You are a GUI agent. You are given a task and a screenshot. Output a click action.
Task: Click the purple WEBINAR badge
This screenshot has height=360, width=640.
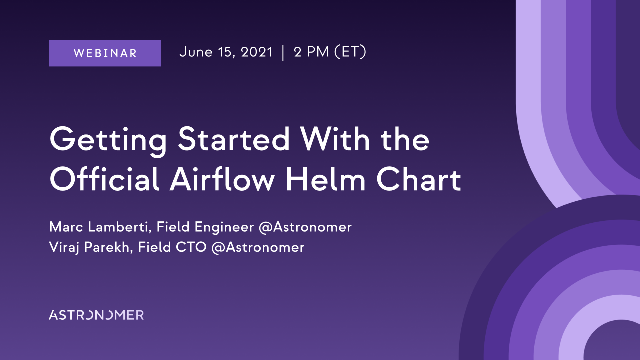[105, 53]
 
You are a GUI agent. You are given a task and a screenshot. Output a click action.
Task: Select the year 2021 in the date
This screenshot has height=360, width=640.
[257, 52]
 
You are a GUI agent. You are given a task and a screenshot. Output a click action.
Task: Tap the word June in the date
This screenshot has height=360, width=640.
[196, 52]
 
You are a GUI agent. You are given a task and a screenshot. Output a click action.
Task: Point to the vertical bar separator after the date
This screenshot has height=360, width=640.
[283, 53]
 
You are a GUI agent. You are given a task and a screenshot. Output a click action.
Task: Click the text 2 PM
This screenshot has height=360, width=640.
[311, 52]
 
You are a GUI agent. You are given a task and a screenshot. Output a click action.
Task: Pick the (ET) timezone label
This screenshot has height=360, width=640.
[350, 52]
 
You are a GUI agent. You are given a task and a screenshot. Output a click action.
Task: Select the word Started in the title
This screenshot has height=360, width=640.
[234, 139]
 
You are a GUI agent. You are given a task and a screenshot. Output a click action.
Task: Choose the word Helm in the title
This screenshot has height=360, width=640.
[325, 179]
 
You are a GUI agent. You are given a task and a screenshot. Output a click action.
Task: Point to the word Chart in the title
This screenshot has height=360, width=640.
[419, 179]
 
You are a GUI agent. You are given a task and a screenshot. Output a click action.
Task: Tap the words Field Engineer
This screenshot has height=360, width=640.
[205, 228]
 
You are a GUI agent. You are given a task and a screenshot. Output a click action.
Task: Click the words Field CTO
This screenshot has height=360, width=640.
[172, 247]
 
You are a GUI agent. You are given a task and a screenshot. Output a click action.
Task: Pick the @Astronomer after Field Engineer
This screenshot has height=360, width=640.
[305, 228]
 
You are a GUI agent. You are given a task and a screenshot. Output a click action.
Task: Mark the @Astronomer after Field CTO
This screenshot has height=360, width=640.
[258, 248]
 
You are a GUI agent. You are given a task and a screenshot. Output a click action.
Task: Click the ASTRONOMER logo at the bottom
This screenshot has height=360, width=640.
[96, 315]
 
